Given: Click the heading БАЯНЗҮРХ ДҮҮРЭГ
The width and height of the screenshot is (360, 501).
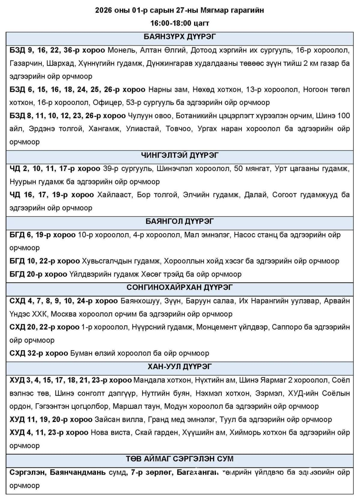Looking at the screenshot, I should pos(180,37).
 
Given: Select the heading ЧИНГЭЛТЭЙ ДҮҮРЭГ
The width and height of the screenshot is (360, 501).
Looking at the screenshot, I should pos(180,155).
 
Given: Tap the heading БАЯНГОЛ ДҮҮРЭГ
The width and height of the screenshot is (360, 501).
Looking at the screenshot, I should pos(180,221).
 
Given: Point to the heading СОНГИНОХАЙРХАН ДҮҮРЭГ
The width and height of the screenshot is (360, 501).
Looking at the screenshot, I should pos(180,287).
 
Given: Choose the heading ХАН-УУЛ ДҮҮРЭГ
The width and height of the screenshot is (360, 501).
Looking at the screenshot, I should pos(180,366).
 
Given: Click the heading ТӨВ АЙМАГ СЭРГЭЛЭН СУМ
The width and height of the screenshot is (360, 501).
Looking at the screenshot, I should pos(180,459).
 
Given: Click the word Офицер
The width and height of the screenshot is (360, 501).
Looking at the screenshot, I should pos(107,103).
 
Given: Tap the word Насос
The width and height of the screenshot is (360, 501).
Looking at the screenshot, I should pos(245,234).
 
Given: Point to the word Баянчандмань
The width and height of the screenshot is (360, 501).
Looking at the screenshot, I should pos(78,473).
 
